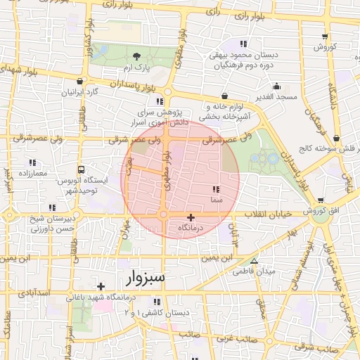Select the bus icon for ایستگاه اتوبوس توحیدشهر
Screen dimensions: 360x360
click(82, 170)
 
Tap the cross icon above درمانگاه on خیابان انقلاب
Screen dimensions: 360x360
click(191, 217)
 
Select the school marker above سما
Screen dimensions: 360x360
click(215, 189)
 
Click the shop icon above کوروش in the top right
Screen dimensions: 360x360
click(324, 37)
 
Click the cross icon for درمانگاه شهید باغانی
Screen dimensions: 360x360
click(101, 286)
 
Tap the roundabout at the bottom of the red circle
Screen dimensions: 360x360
click(163, 215)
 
